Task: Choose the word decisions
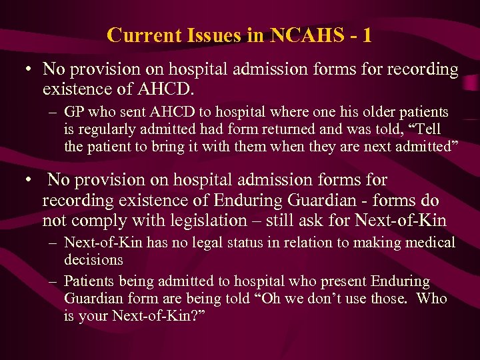coord(93,259)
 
